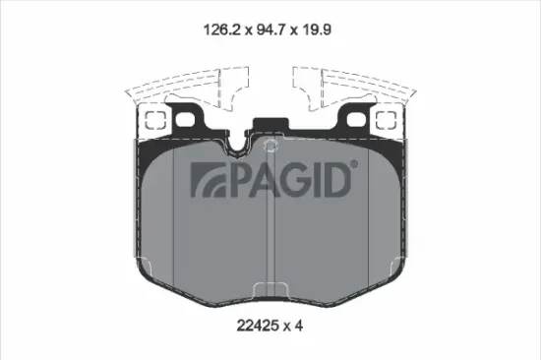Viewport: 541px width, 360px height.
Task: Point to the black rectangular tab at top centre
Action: (x=270, y=127)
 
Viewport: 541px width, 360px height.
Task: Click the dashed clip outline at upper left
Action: (x=182, y=86)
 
